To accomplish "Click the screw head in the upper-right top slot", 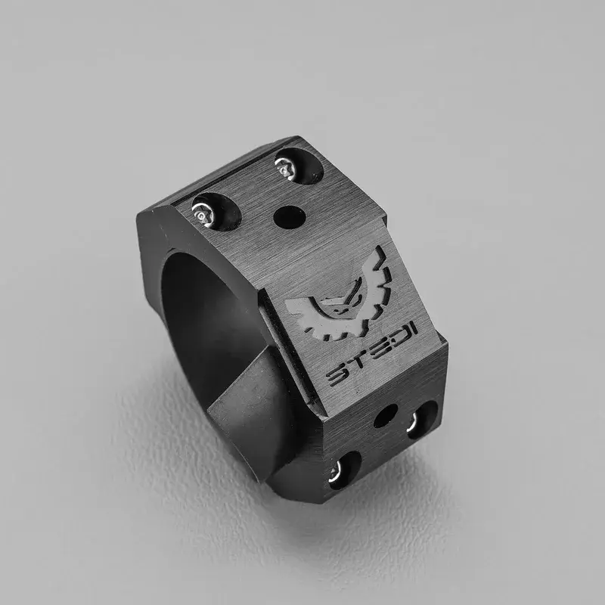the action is (285, 169).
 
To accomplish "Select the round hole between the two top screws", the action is (290, 217).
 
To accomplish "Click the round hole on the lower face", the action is (386, 415).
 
